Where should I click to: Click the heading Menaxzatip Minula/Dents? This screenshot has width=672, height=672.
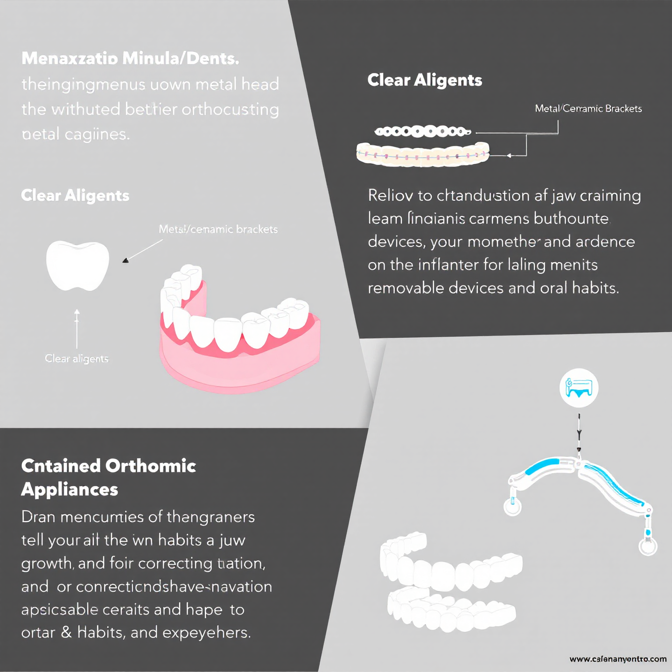[130, 58]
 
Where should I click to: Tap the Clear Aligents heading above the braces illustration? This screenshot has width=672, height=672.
[425, 80]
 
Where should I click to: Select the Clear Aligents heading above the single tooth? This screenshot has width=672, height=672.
[75, 196]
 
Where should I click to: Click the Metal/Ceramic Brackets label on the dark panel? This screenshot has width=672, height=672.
[588, 109]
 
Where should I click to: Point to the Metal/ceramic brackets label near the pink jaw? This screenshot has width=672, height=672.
[218, 229]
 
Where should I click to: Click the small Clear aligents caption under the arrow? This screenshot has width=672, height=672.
[77, 358]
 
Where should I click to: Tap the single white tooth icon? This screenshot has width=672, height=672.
[77, 265]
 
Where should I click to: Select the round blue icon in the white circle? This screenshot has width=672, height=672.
[579, 388]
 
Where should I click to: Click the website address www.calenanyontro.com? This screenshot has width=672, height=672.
[618, 659]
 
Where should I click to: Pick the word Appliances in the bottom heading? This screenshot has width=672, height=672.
[70, 490]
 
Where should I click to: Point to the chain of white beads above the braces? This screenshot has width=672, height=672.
[422, 132]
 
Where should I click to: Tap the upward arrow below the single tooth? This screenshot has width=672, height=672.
[77, 327]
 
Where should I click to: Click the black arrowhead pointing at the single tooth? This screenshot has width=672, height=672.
[125, 260]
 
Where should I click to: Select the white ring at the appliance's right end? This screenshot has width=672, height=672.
[648, 546]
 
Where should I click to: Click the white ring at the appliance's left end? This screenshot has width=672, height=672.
[512, 507]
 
